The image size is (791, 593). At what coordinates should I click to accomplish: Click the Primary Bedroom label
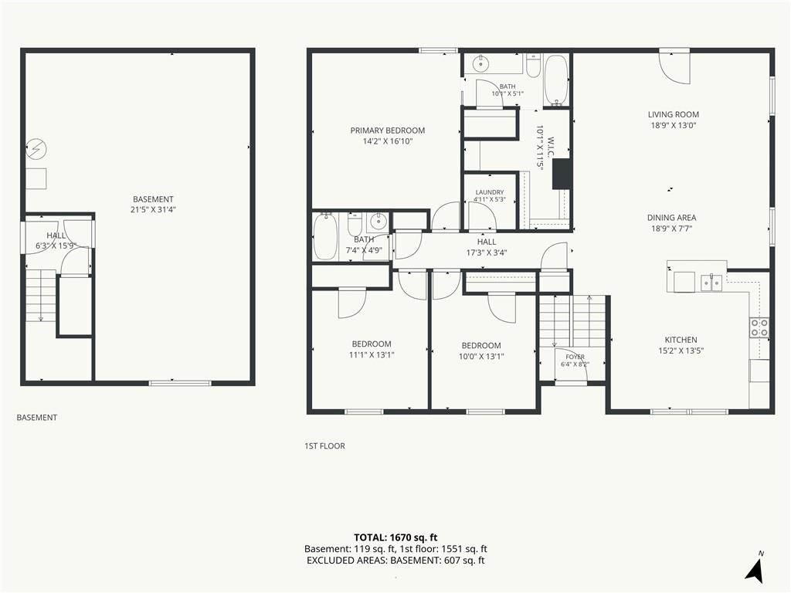tap(388, 130)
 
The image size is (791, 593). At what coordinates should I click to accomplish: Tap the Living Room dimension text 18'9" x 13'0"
tap(674, 126)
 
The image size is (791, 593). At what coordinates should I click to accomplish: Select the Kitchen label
tap(681, 340)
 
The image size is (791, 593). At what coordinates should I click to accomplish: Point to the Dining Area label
tap(671, 218)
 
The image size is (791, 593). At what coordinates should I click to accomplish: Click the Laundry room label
tap(489, 192)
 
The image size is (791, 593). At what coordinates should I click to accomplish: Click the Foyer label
tap(575, 357)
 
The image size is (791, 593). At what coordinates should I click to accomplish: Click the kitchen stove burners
tap(759, 327)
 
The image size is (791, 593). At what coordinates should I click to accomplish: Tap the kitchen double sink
tap(711, 283)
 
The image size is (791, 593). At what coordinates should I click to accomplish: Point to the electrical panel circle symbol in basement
tap(36, 149)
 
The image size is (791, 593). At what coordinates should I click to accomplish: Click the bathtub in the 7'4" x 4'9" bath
tap(325, 236)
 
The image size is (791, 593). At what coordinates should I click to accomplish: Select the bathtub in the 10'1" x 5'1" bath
tap(556, 80)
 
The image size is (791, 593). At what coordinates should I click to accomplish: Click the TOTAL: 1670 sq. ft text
tap(395, 537)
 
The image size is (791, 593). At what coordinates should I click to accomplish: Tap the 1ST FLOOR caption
tap(324, 446)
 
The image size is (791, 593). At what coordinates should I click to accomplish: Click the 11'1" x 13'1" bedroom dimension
tap(372, 355)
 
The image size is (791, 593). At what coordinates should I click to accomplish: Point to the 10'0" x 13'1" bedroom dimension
tap(481, 357)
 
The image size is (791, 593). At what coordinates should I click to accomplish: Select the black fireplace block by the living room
tap(562, 174)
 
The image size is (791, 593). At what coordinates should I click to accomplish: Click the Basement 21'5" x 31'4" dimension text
tap(153, 210)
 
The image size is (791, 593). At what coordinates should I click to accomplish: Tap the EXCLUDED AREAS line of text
tap(395, 561)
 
